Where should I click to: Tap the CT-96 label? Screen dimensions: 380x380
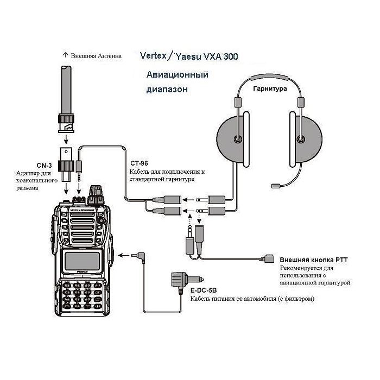(x=140, y=163)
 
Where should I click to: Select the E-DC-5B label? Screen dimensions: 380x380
(x=204, y=290)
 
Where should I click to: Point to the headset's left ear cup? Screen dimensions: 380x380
(x=233, y=138)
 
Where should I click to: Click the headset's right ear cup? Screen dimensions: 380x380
(x=307, y=138)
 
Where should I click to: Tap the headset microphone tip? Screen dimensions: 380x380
(x=275, y=186)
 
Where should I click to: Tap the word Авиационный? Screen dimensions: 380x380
(x=177, y=74)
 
